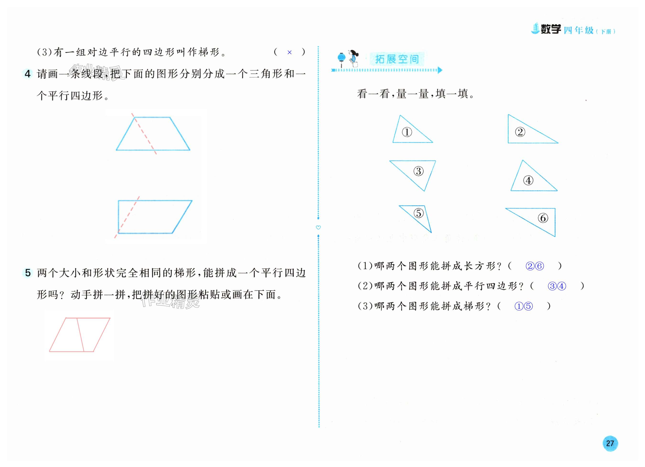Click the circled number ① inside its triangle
coord(407,132)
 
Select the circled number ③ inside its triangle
coord(418,171)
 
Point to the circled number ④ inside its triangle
coord(528,180)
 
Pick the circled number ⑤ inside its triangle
coord(418,213)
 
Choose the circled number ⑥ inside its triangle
coord(543,218)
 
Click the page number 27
coord(610,443)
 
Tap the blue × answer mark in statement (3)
coord(289,52)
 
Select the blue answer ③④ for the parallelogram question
coord(557,286)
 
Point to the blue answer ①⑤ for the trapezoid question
coord(523,306)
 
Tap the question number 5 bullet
coord(28,273)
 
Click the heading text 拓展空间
coord(397,59)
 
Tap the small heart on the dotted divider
coord(318,227)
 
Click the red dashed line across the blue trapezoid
coord(144,134)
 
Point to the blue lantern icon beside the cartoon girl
coord(341,58)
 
